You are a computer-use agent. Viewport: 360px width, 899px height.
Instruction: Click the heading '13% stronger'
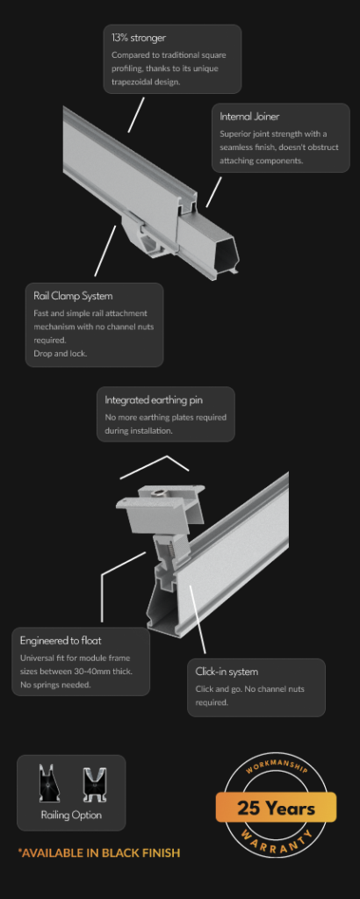click(x=138, y=38)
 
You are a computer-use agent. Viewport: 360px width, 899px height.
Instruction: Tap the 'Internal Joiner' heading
click(x=249, y=117)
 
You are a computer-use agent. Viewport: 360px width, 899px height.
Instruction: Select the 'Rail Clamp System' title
click(x=73, y=296)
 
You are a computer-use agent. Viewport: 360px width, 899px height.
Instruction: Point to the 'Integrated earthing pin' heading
click(x=154, y=399)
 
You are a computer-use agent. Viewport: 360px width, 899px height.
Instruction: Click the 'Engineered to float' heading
click(x=61, y=640)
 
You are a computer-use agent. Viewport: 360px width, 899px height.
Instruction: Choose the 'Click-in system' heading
click(x=227, y=672)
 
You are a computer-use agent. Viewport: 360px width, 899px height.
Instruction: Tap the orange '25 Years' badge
click(x=276, y=808)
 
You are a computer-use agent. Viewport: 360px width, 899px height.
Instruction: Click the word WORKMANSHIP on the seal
click(x=277, y=766)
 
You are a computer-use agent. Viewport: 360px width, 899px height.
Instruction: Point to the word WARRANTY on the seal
click(x=277, y=845)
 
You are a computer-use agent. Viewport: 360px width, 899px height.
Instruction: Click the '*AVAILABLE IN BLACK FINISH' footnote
click(x=98, y=852)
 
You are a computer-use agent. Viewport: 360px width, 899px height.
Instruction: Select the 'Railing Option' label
click(x=71, y=815)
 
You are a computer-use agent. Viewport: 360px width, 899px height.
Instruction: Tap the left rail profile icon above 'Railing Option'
click(x=49, y=782)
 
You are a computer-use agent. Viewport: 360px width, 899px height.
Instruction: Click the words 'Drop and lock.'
click(x=61, y=353)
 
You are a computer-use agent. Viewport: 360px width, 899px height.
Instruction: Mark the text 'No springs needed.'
click(x=55, y=685)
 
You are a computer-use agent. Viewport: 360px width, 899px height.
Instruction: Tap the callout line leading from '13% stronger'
click(x=136, y=115)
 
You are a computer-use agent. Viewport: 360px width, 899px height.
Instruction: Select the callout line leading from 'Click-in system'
click(x=198, y=620)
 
